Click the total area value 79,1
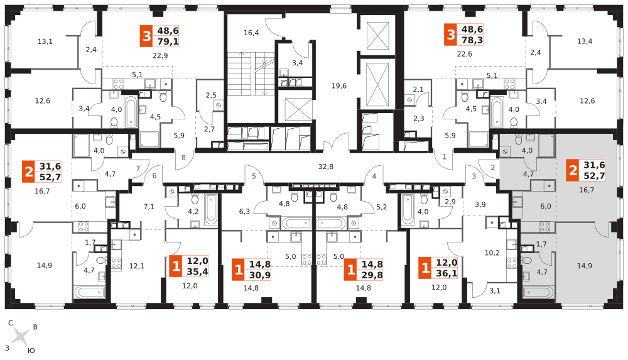coord(168,41)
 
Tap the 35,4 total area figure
coord(197,271)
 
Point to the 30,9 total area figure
coord(260,275)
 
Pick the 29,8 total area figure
coord(372,275)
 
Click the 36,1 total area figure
coord(447,273)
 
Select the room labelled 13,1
coord(45,41)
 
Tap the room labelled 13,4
coord(585,41)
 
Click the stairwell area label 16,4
coord(251,33)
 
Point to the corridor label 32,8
coord(325,166)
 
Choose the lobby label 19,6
coord(338,85)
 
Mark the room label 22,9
coord(160,55)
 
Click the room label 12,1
coord(137,266)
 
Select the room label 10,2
coord(492,253)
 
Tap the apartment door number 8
coord(183,157)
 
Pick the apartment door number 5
coord(254,177)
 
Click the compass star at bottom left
coord(20,336)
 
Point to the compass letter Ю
coord(31,350)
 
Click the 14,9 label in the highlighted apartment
coord(584,266)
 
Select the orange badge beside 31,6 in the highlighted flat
coord(572,170)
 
